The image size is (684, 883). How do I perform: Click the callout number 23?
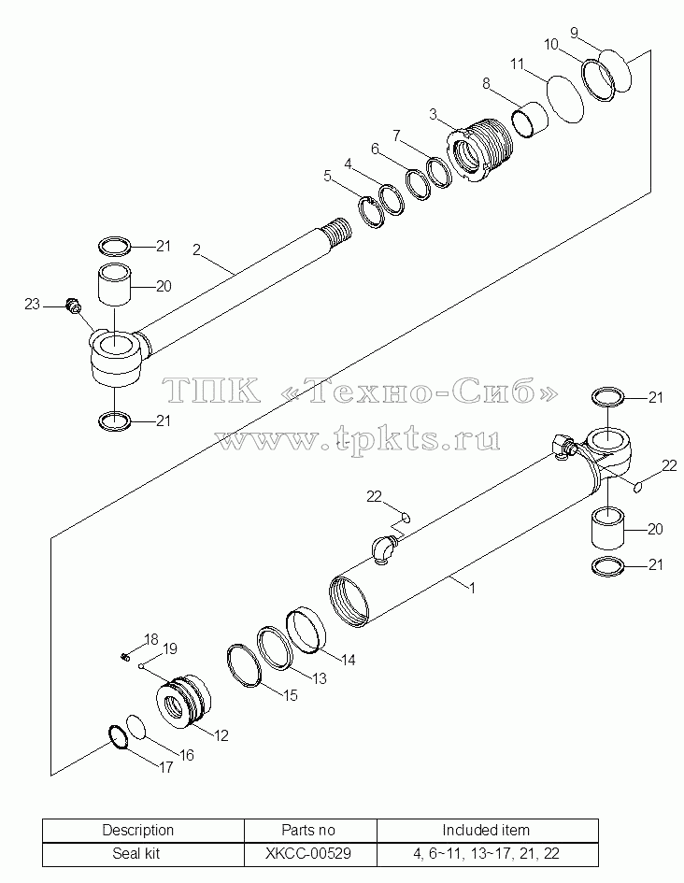pos(32,304)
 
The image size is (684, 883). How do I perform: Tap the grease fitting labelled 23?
pos(72,306)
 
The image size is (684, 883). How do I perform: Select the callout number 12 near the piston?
pos(221,735)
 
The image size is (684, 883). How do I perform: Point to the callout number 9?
pos(575,33)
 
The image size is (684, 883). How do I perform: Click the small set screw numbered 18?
pos(125,655)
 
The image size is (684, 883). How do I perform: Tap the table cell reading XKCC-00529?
pos(308,853)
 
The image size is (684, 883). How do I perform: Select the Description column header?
pos(138,830)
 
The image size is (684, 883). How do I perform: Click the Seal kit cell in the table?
pos(136,853)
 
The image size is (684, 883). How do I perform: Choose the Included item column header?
pos(486,830)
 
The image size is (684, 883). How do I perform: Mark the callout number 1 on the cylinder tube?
pos(472,589)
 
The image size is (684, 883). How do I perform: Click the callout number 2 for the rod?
pos(196,249)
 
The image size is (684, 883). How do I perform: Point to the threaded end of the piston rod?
pos(336,231)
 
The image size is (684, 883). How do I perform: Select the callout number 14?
pos(349,660)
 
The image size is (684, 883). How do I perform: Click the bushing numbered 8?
pos(531,120)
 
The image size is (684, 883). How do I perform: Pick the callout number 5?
pos(327,176)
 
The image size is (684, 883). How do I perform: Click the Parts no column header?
pos(308,830)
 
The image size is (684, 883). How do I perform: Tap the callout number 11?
pos(517,64)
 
